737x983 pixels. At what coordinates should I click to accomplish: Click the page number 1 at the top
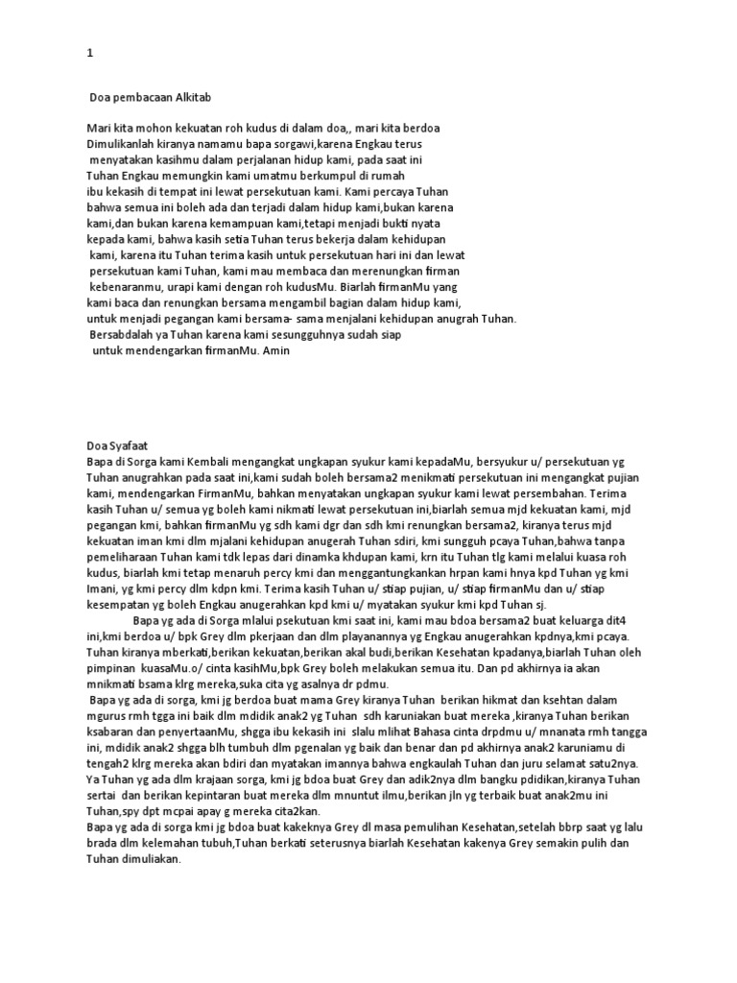pyautogui.click(x=90, y=55)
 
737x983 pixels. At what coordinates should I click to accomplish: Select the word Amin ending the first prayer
pyautogui.click(x=274, y=351)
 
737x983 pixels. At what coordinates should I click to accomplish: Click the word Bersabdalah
pyautogui.click(x=124, y=335)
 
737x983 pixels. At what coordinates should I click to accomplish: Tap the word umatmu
pyautogui.click(x=282, y=177)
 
